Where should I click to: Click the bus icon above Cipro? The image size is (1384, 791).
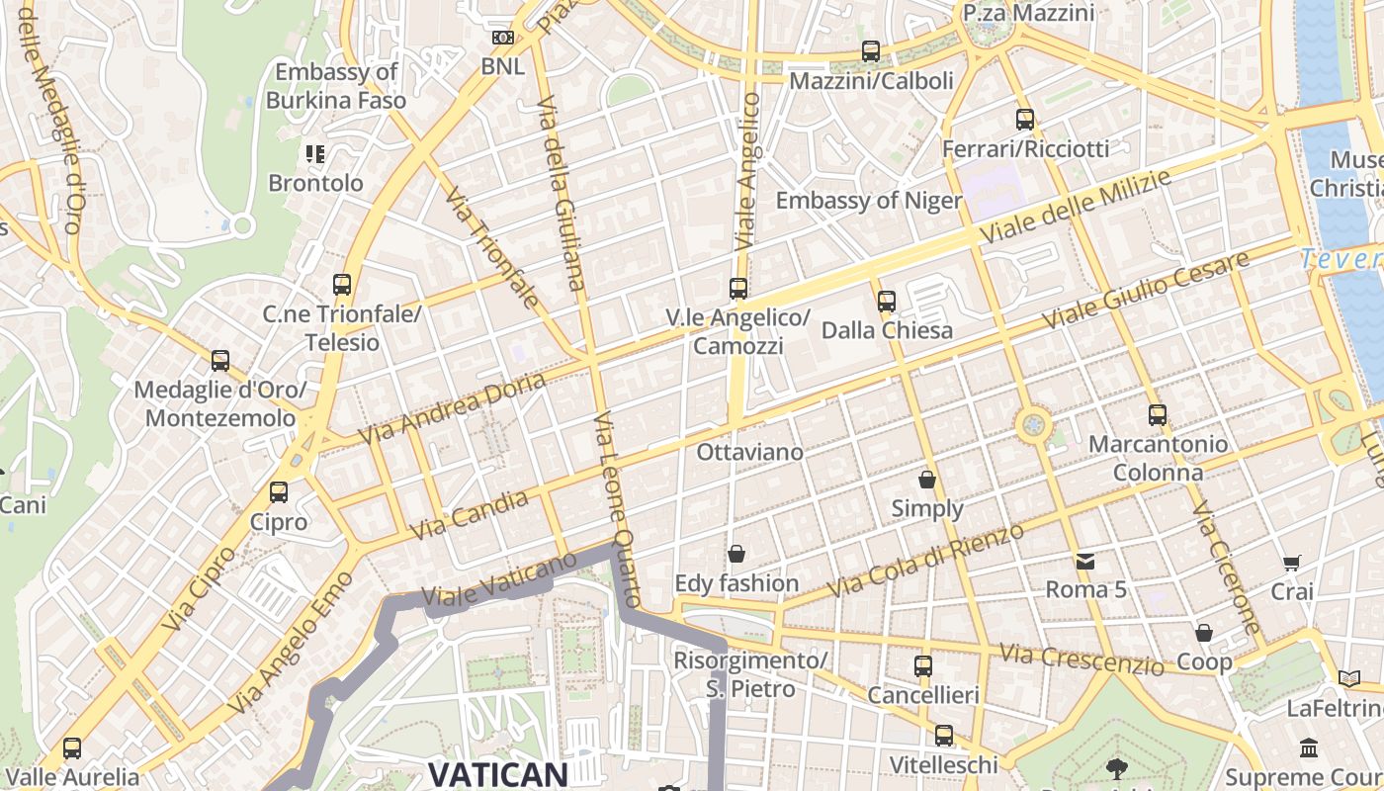click(x=279, y=491)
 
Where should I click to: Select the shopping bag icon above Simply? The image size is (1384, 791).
click(x=927, y=480)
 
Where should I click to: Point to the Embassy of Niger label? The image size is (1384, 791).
click(x=868, y=201)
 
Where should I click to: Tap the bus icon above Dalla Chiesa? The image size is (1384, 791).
click(x=887, y=301)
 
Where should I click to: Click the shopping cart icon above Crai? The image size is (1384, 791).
click(x=1292, y=563)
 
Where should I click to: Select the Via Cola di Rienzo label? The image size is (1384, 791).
click(x=925, y=561)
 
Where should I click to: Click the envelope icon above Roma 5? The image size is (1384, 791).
click(x=1085, y=561)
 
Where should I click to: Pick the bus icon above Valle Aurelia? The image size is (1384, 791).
click(x=72, y=747)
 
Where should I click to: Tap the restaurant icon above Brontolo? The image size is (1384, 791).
click(x=315, y=153)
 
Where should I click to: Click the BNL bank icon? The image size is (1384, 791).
click(x=503, y=38)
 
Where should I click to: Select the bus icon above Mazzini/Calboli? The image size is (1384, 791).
click(x=871, y=50)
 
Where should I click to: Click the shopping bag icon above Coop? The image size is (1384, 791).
click(x=1204, y=632)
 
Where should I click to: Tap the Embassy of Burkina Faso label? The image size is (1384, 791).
click(x=336, y=86)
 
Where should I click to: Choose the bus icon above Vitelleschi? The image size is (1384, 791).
click(x=944, y=736)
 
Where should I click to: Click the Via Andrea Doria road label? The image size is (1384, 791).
click(x=451, y=408)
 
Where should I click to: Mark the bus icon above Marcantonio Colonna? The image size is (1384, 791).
click(x=1158, y=415)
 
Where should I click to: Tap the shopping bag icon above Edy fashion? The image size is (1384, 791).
click(x=736, y=554)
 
